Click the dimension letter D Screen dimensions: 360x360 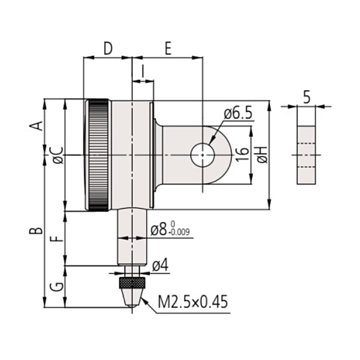(x=108, y=48)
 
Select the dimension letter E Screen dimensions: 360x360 (x=168, y=48)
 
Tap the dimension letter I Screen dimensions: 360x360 (x=143, y=71)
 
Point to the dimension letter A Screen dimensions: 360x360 (x=36, y=126)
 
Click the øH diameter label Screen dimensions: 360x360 (x=262, y=154)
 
